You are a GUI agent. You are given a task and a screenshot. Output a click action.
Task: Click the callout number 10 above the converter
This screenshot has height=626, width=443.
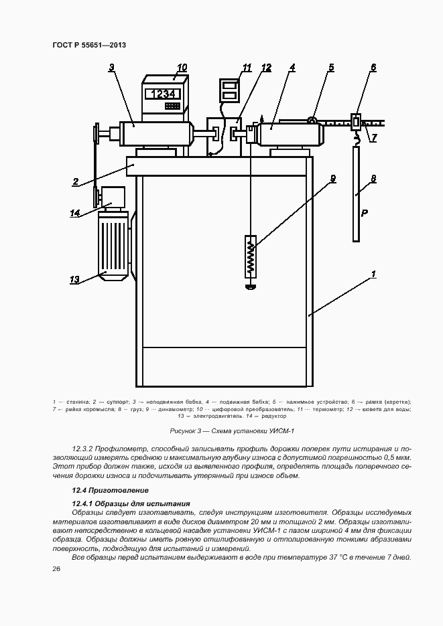(x=182, y=67)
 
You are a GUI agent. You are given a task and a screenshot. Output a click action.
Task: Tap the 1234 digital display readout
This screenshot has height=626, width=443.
(x=164, y=94)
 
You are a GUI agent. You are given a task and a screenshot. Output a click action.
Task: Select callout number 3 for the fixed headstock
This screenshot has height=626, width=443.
(x=111, y=66)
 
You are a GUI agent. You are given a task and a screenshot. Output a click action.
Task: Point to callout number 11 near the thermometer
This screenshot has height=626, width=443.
(x=247, y=68)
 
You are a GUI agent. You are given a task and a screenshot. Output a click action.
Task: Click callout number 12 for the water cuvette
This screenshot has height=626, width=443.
(x=267, y=68)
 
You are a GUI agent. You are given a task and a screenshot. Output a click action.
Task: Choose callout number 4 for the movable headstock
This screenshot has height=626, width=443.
(x=293, y=68)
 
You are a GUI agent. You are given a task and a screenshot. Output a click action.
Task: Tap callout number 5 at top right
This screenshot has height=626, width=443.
(x=331, y=68)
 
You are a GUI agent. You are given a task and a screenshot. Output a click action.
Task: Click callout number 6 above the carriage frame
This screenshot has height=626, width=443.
(x=373, y=68)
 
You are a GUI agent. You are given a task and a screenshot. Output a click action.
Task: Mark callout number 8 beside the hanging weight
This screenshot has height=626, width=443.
(x=373, y=179)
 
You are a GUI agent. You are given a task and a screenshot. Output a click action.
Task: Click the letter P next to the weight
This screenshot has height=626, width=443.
(x=365, y=213)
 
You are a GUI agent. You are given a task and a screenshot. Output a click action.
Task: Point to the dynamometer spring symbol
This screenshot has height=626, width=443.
(x=250, y=256)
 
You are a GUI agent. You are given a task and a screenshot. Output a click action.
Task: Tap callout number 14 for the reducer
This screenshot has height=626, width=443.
(x=75, y=213)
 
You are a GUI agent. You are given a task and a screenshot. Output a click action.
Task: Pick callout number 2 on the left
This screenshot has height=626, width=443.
(x=76, y=181)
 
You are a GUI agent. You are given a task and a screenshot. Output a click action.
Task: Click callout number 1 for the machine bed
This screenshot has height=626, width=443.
(x=373, y=274)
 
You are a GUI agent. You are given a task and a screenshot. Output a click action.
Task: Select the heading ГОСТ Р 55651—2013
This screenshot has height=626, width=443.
(x=89, y=45)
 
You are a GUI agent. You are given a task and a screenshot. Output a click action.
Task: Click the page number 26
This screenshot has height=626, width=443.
(x=56, y=568)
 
